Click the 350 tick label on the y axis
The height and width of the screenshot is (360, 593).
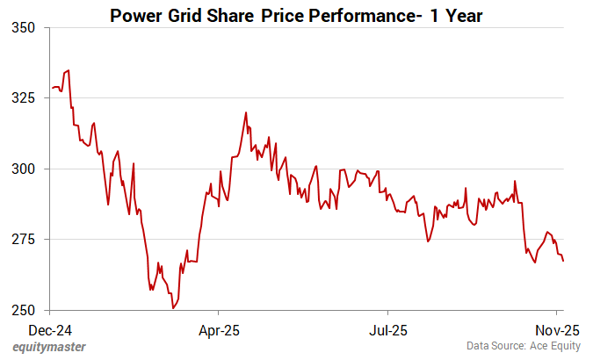coord(23,27)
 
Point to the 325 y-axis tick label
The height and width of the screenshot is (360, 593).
coord(23,97)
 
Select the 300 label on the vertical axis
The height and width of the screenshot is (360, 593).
coord(23,169)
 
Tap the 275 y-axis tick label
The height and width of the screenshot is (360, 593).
coord(23,240)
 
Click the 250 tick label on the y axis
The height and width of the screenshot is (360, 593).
coord(23,311)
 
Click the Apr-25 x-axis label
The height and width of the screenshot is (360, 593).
coord(219,332)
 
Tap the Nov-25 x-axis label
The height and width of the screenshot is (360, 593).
coord(558,332)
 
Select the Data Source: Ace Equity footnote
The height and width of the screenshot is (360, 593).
coord(523,348)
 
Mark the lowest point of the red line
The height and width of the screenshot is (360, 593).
coord(174,308)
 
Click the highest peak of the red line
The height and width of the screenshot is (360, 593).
coord(69,70)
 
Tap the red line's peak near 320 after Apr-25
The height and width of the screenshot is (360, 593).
coord(246,112)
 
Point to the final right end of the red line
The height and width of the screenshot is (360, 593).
coord(563,261)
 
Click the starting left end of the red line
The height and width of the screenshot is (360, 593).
coord(52,88)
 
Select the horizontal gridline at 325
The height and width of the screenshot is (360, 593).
coord(307,97)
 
